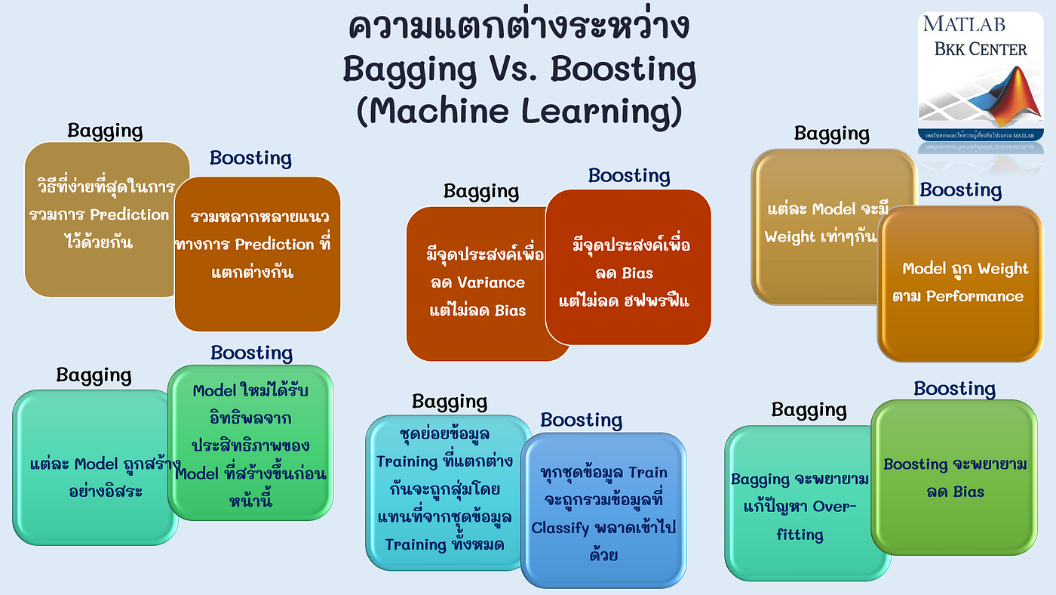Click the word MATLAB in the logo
pos(963,24)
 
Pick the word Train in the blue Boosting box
pos(646,473)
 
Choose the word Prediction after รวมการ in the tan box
pos(130,214)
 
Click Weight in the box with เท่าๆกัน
pos(790,236)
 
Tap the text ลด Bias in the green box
pos(955,492)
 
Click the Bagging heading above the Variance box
pos(481,192)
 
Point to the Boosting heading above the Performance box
pos(960,190)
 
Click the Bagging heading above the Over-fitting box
pos(809,411)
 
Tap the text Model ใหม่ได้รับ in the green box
pos(250,391)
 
